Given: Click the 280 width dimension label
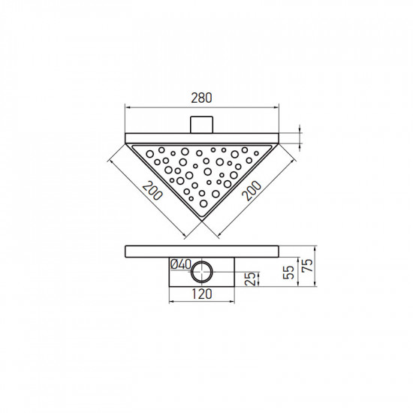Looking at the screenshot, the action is tap(201, 98).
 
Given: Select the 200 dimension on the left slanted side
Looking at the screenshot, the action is tap(152, 190).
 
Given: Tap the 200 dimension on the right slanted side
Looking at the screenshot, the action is tap(252, 191).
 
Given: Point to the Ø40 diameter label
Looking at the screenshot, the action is tap(180, 264).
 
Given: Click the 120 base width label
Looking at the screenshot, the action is tap(201, 294).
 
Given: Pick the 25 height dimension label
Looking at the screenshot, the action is tap(251, 279).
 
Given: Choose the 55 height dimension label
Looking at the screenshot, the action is tap(288, 272).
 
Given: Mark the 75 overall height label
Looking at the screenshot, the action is tap(308, 265).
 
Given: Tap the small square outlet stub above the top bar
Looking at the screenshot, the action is tap(201, 125).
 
